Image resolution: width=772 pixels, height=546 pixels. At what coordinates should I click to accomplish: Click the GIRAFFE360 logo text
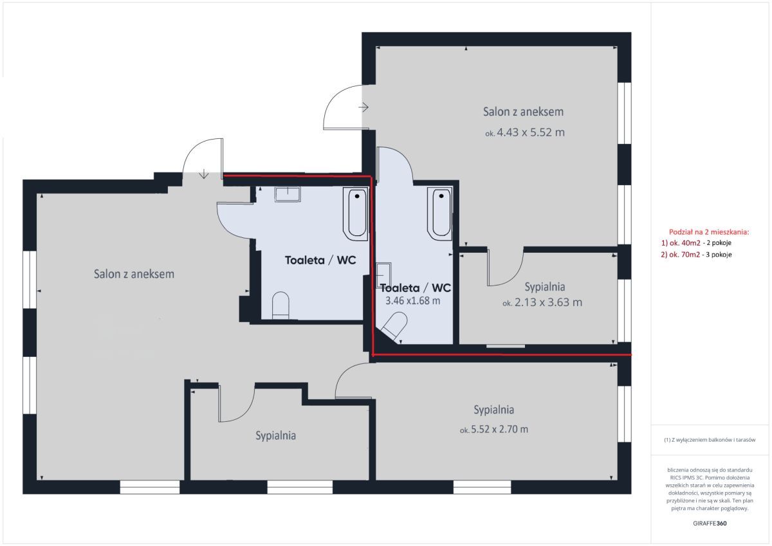point(710,523)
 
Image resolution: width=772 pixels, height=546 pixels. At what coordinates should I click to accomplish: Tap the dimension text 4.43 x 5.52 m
point(530,132)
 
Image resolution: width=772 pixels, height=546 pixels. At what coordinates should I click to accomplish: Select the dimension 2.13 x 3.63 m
point(548,302)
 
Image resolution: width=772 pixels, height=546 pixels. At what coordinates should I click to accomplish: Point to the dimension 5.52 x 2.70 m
point(499,429)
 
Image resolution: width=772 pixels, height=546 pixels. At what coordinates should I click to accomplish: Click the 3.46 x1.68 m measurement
point(412,301)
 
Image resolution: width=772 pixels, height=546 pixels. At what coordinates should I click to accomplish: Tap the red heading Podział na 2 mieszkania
point(709,232)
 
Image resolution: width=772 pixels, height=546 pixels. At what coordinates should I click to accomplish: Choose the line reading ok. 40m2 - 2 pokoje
point(696,243)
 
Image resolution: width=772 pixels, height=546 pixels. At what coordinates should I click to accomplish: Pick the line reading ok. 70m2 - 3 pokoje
point(696,255)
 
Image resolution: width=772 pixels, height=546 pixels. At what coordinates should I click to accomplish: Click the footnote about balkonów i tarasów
point(710,440)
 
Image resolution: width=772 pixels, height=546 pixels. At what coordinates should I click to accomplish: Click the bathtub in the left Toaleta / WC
point(355,214)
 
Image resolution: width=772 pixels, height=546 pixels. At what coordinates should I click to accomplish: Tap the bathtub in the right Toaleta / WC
point(440,213)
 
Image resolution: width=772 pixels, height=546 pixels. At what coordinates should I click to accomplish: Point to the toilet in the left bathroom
point(280,305)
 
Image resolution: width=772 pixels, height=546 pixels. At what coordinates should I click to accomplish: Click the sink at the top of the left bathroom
point(288,194)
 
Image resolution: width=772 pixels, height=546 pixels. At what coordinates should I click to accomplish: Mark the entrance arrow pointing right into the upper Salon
point(363,107)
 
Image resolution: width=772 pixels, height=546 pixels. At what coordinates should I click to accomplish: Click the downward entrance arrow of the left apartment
point(204,174)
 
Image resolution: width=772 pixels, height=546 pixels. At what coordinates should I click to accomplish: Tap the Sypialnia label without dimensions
point(275,436)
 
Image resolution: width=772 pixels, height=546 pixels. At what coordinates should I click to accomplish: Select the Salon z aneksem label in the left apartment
point(134,274)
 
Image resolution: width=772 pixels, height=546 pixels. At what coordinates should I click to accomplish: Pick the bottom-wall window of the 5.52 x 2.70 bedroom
point(482,487)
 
